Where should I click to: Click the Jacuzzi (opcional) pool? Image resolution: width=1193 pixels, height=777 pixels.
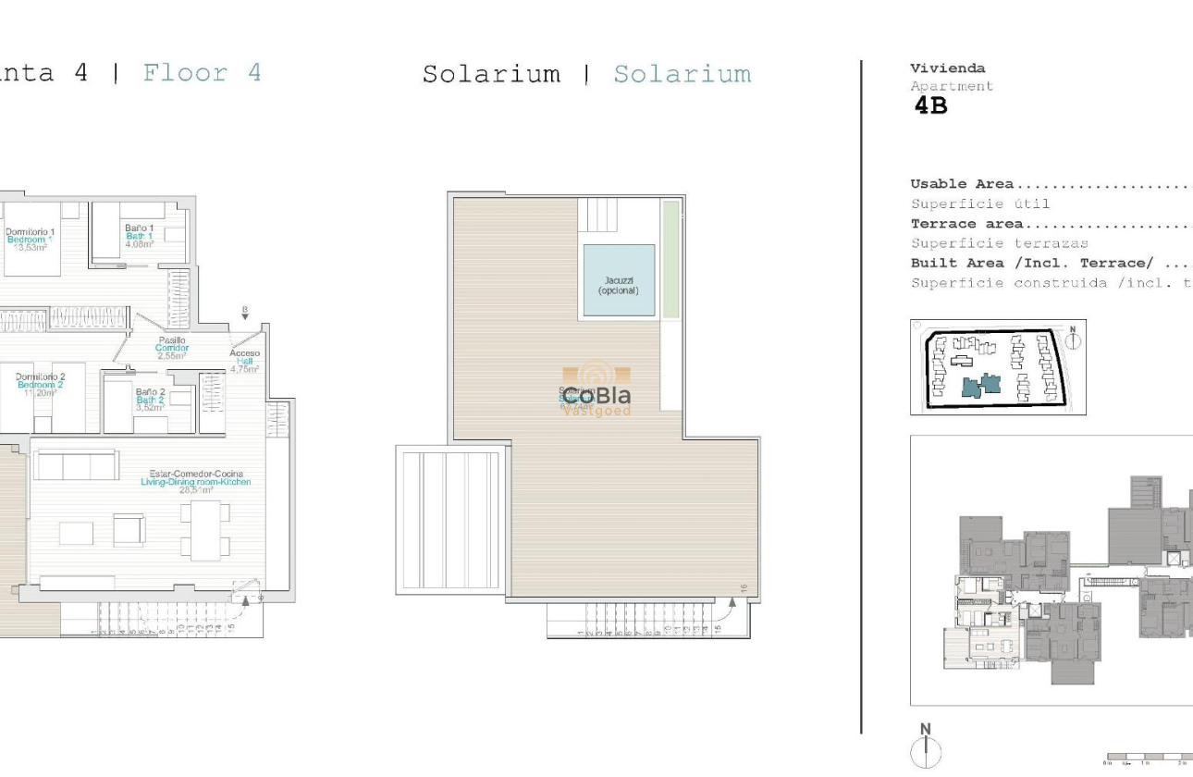[x=619, y=281]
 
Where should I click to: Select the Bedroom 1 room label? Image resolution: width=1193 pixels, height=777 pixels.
[x=31, y=240]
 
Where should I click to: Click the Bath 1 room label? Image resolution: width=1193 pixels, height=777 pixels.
[x=140, y=236]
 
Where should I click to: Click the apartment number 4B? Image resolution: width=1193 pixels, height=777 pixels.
[x=930, y=106]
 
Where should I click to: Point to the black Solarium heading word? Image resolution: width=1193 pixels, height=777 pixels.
[x=491, y=74]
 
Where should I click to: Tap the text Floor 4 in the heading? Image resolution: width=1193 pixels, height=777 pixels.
[x=202, y=72]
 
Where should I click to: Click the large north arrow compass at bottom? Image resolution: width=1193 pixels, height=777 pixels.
[x=926, y=747]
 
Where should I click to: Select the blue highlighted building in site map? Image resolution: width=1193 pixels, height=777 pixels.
[x=982, y=385]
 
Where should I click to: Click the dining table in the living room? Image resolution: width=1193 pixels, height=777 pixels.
[x=204, y=530]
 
